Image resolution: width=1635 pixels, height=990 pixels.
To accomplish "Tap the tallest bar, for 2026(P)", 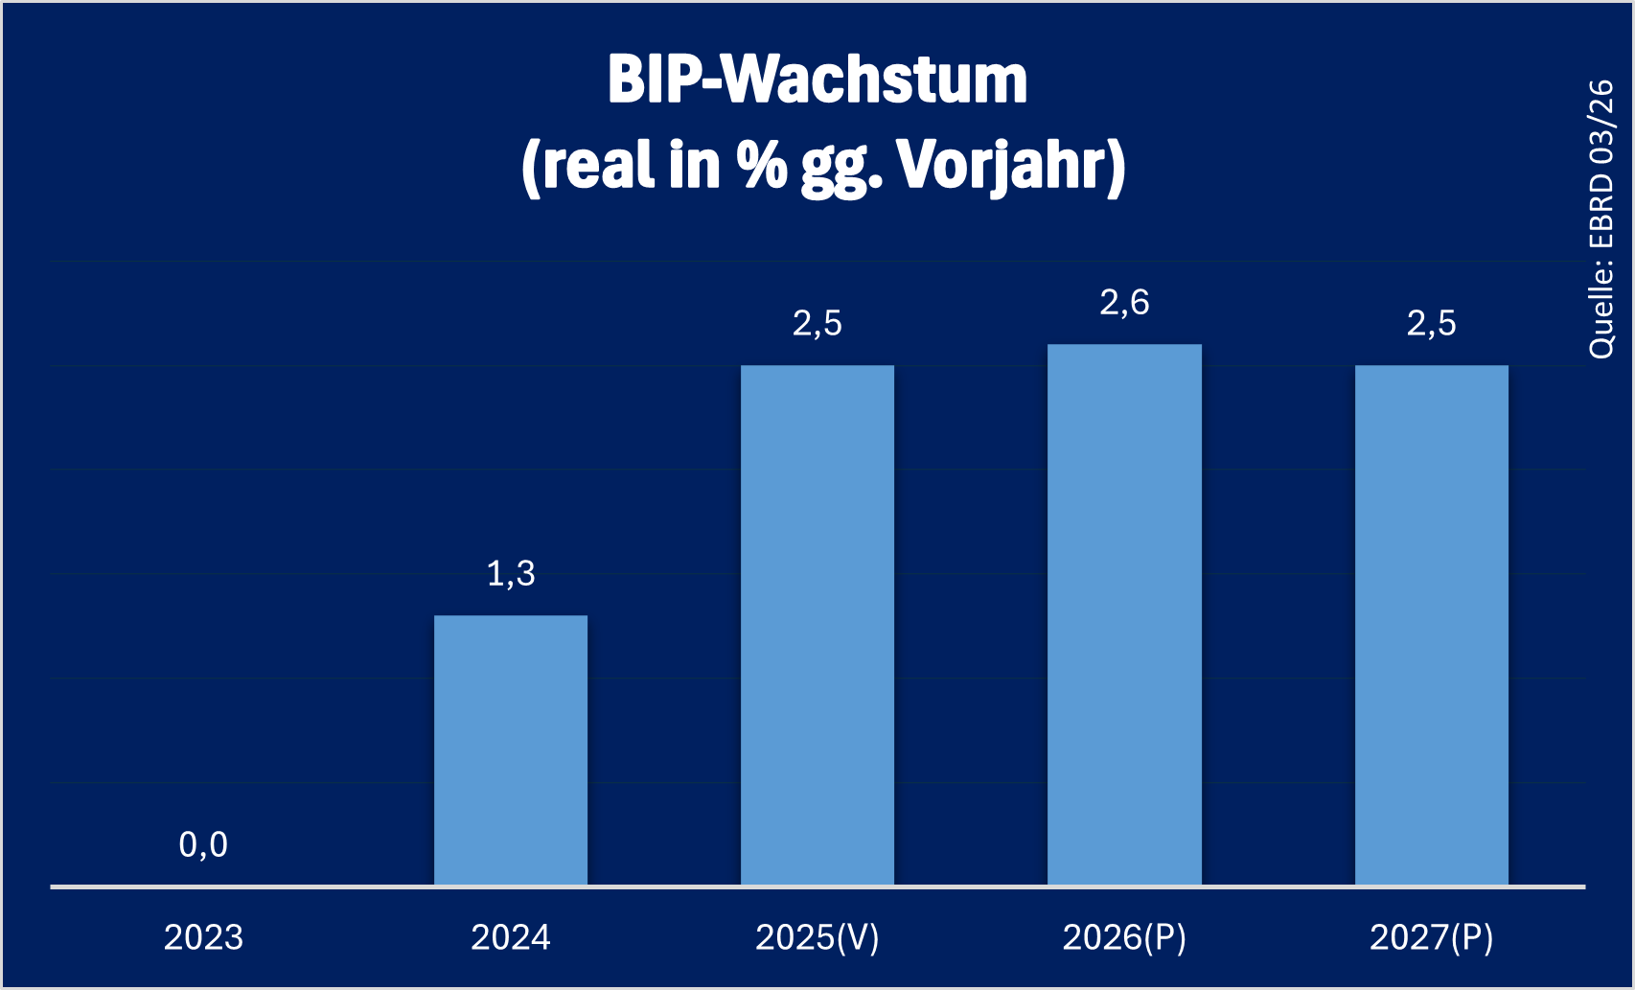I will point(1124,614).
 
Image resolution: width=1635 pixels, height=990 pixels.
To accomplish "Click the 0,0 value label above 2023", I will point(203,844).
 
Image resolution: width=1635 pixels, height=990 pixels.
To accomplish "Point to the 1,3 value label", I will point(511,573).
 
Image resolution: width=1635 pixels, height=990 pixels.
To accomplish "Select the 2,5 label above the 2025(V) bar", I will point(817,324).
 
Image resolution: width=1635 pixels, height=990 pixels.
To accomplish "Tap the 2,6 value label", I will point(1124,303).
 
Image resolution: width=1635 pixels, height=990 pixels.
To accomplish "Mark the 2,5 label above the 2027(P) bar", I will point(1431,324).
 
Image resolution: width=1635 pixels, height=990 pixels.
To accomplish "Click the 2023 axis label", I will point(203,937).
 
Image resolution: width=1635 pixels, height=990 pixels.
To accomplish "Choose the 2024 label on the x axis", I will point(511,937).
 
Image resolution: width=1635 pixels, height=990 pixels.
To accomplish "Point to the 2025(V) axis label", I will point(817,937).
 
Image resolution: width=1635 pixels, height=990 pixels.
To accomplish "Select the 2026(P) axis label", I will point(1124,937).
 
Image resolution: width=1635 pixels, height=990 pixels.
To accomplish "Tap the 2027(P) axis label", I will point(1431,937).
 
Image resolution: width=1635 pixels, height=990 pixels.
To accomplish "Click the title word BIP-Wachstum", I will point(817,80).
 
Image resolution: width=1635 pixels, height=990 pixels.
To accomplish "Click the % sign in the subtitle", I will point(762,166).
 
